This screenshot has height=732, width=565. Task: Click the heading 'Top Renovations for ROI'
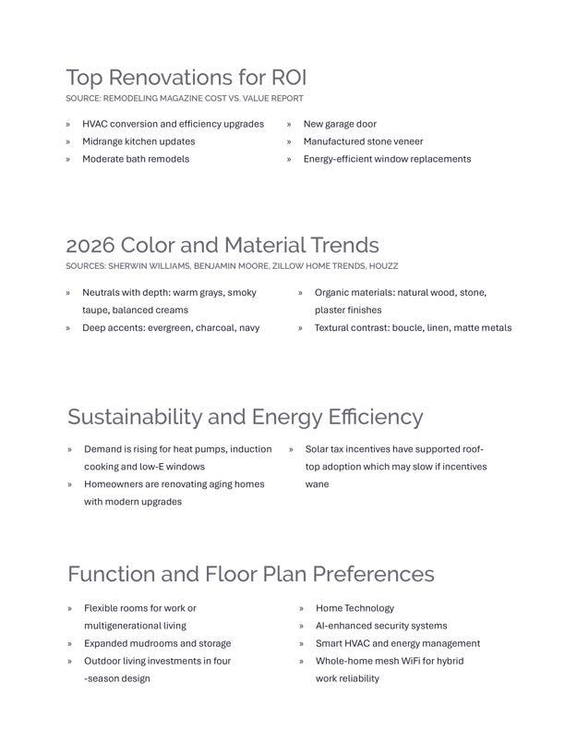pos(186,77)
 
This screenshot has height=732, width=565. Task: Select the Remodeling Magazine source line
pos(184,98)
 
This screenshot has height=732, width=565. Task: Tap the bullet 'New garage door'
pos(340,124)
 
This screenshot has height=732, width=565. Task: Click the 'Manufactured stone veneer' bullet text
pos(363,141)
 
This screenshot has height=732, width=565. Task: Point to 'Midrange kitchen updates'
pos(138,141)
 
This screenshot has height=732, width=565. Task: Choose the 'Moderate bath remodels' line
pos(136,159)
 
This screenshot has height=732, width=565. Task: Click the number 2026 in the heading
pos(90,245)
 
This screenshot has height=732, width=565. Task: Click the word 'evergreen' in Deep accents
pos(168,327)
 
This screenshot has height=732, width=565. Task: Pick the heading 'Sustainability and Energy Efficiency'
pos(245,417)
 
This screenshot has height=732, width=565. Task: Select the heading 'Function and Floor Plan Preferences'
pos(250,574)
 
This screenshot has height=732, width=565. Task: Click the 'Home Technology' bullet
pos(355,608)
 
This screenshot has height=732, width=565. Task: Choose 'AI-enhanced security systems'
pos(381,626)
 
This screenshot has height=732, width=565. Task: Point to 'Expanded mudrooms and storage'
pos(158,643)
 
